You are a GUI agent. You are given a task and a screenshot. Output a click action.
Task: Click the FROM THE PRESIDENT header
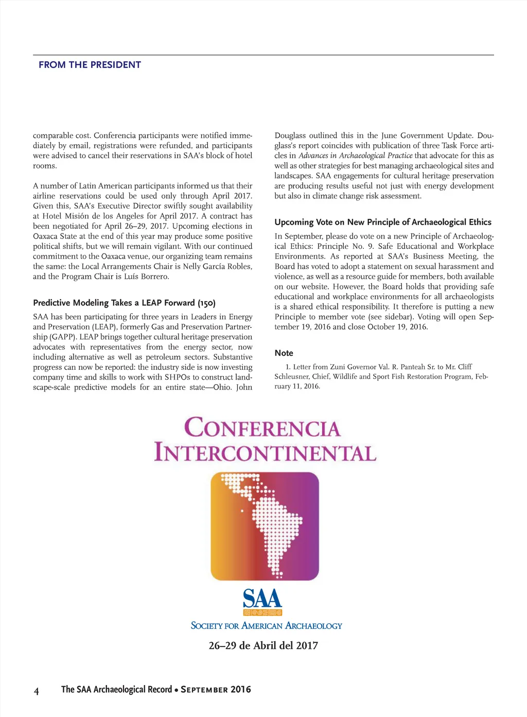tap(90, 65)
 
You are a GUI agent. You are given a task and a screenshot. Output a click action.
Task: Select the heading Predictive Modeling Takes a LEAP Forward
tap(124, 303)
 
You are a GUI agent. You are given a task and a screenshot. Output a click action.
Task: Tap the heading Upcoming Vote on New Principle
tap(383, 222)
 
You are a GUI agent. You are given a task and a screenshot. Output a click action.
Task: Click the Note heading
tap(284, 353)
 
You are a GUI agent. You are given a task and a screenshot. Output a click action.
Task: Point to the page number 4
tap(36, 691)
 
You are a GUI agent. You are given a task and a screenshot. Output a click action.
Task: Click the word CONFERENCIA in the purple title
tap(262, 428)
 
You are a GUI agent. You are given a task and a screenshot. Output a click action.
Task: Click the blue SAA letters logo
tap(262, 598)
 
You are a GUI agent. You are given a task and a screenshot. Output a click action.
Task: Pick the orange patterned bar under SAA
tap(262, 612)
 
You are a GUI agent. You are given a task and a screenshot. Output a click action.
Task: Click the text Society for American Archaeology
tap(266, 626)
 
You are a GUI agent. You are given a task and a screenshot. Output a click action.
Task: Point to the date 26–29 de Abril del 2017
tap(263, 645)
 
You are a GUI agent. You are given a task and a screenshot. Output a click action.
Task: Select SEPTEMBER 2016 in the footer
tap(216, 690)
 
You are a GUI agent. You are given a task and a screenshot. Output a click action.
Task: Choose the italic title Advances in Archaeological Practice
tap(356, 156)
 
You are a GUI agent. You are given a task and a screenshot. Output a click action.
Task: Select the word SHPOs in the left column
tap(178, 377)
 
